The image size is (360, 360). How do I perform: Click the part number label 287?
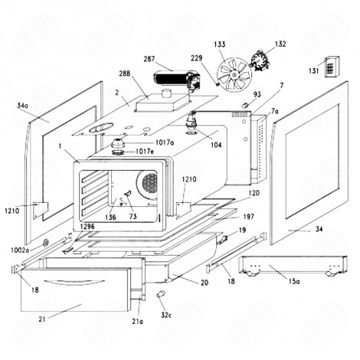(x=149, y=57)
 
